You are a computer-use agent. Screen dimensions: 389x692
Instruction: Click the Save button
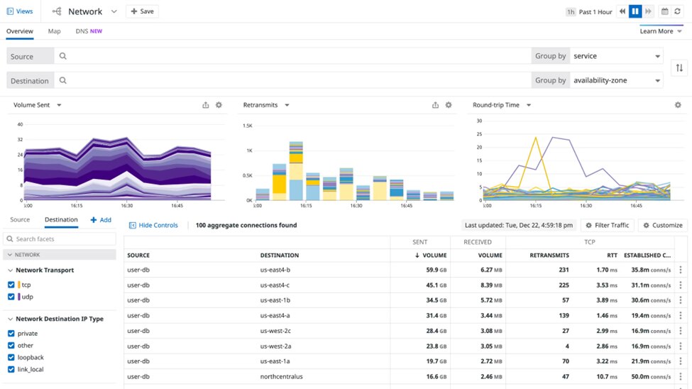[x=142, y=11]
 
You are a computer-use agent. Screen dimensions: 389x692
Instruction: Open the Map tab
[x=54, y=31]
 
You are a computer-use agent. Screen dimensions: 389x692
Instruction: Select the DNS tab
[x=89, y=31]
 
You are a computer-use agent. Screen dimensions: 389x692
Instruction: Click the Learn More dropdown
[x=661, y=31]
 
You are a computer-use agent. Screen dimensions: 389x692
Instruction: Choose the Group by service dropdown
[x=616, y=56]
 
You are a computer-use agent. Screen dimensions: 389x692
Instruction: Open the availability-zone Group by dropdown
[x=616, y=80]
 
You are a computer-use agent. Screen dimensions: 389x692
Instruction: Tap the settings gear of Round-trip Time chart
[x=678, y=105]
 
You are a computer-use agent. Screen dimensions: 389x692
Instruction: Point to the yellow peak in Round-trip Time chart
[x=535, y=138]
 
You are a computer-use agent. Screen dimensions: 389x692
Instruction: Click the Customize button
[x=662, y=225]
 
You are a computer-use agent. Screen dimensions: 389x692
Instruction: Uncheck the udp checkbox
[x=11, y=297]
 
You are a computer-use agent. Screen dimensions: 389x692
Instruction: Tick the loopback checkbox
[x=11, y=358]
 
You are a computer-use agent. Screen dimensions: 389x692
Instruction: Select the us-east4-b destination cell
[x=275, y=270]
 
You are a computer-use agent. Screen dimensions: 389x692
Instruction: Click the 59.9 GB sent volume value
[x=431, y=270]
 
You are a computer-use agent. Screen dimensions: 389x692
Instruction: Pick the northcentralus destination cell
[x=281, y=376]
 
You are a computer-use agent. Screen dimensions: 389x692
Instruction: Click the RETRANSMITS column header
[x=549, y=255]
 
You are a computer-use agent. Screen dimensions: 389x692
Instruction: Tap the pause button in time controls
[x=635, y=11]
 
